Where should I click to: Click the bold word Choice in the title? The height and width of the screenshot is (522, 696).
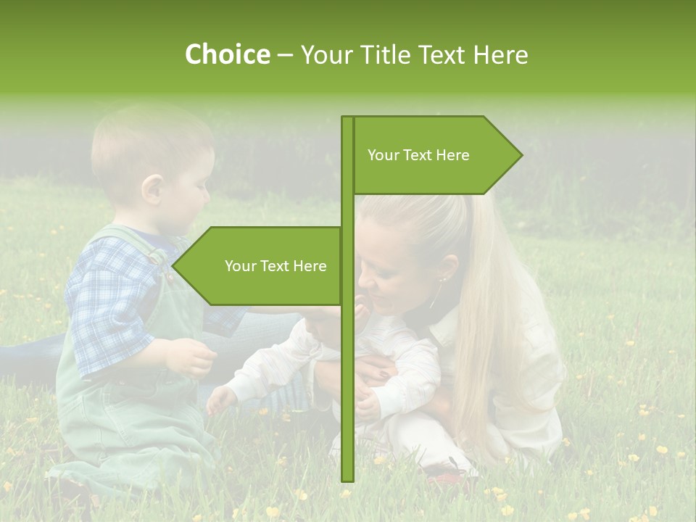coord(227,54)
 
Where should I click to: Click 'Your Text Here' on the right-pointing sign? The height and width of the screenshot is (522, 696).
coord(418,155)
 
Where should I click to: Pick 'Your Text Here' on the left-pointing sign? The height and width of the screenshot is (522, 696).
coord(275,266)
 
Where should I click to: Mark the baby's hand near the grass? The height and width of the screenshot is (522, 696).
coord(220,399)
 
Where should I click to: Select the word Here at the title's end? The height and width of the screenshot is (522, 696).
coord(500,54)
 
